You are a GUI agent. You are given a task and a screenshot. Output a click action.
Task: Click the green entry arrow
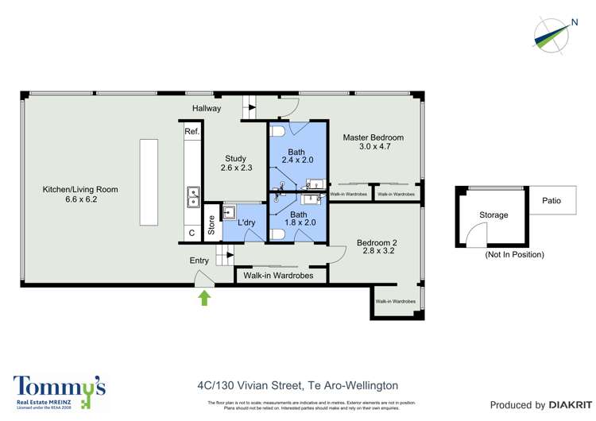coord(203,298)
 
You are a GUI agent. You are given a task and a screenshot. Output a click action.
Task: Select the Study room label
coord(235,163)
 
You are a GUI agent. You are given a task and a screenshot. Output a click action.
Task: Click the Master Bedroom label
coord(373,142)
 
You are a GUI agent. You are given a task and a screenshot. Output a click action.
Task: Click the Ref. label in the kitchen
coord(192,131)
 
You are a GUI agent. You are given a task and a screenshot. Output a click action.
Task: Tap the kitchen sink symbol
coord(192,196)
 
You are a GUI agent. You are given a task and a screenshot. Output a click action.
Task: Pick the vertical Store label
coord(211,224)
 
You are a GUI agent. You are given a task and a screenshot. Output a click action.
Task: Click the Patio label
coord(551,201)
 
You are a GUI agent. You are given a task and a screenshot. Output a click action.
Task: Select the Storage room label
coord(493,215)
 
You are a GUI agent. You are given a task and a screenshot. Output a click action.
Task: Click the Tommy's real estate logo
coord(59,390)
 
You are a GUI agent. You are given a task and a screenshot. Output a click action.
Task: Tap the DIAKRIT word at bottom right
coord(556,405)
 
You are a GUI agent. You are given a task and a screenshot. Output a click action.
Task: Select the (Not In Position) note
coord(514,255)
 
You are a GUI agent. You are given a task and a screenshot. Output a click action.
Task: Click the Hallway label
coord(207,108)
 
